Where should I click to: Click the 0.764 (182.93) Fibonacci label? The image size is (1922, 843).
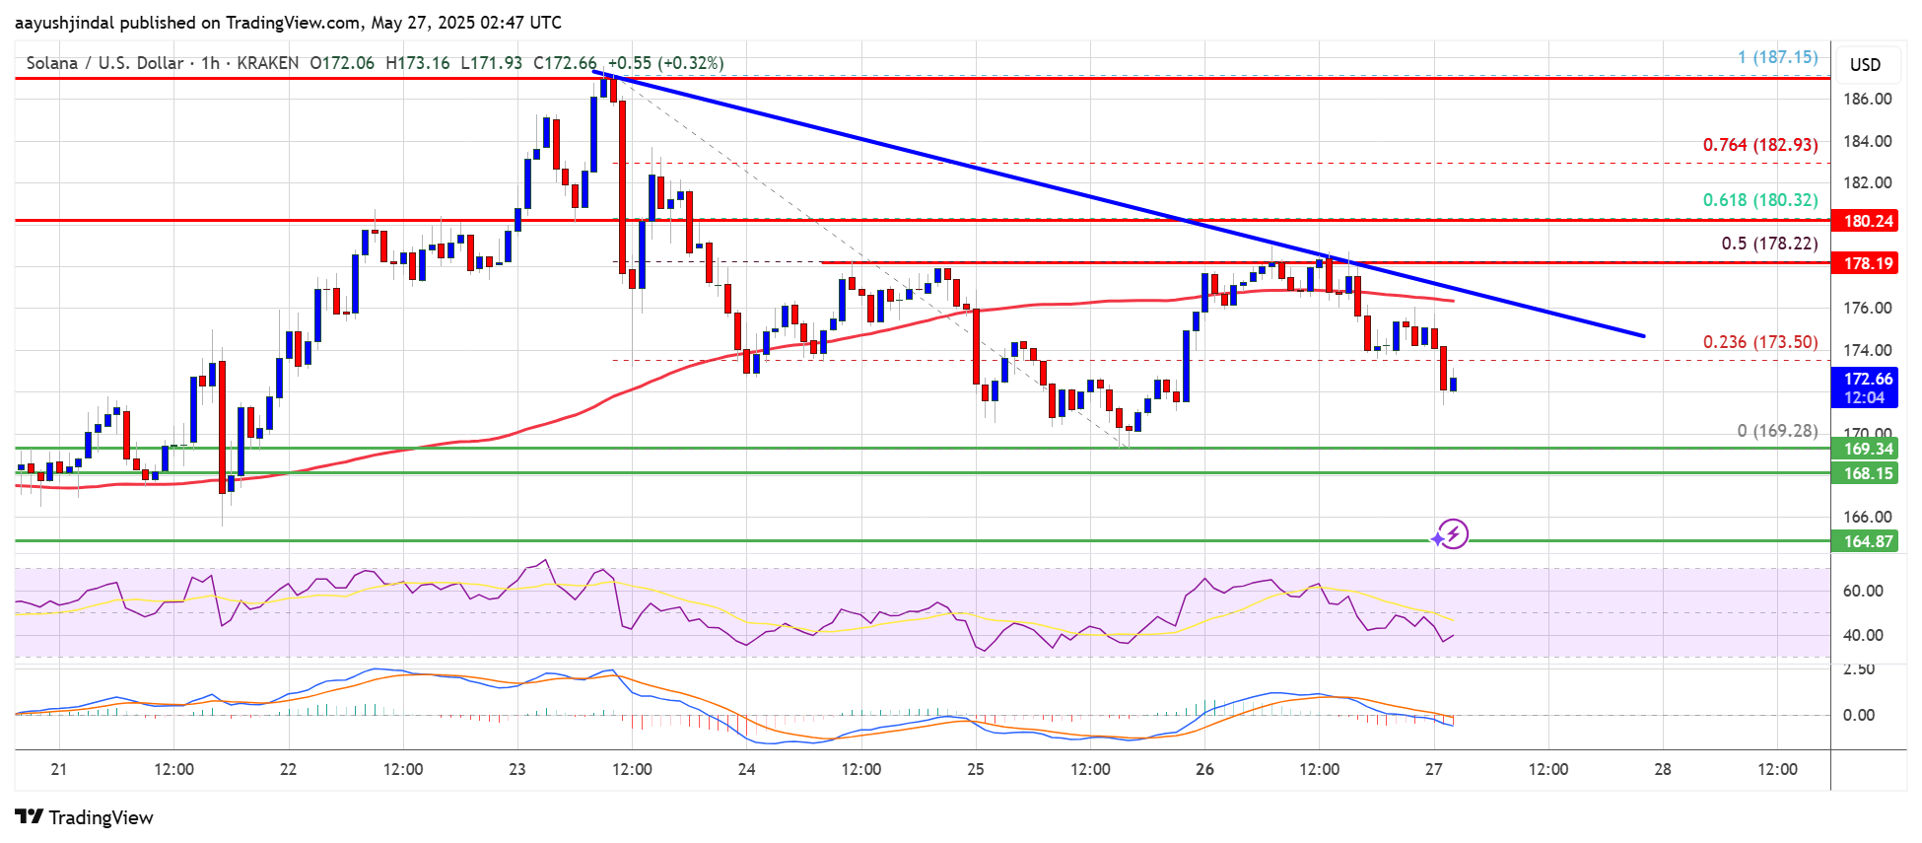tap(1760, 145)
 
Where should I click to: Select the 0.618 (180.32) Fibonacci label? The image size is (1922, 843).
tap(1760, 200)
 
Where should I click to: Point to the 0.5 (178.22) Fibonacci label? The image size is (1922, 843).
tap(1769, 244)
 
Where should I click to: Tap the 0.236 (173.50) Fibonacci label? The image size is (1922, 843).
tap(1760, 342)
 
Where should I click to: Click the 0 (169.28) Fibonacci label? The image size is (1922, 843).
tap(1777, 431)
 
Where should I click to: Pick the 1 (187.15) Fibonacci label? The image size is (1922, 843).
tap(1777, 57)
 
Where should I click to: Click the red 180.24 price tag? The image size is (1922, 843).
tap(1868, 221)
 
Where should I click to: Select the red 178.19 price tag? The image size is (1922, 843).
tap(1868, 263)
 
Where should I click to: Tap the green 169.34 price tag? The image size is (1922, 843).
tap(1868, 449)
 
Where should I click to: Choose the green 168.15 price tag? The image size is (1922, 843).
tap(1868, 473)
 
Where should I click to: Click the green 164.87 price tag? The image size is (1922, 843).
tap(1868, 541)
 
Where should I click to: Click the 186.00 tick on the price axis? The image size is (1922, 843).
tap(1867, 99)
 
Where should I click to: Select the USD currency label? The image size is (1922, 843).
tap(1865, 65)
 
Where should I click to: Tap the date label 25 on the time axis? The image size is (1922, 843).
tap(976, 769)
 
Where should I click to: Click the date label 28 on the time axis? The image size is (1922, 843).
tap(1663, 769)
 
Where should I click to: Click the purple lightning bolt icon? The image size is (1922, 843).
tap(1453, 534)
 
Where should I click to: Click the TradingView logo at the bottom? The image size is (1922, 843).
tap(85, 817)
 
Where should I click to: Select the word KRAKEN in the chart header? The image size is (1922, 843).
tap(268, 63)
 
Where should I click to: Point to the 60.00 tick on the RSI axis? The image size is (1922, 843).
tap(1863, 591)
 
